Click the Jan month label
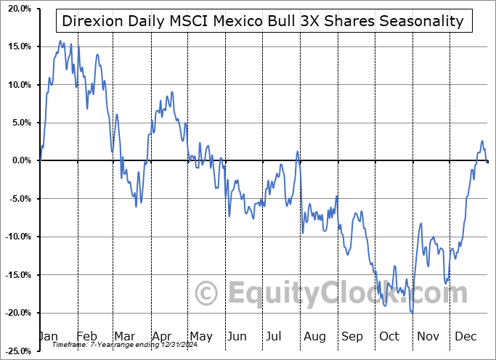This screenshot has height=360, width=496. (48, 337)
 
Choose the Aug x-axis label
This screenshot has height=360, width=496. (314, 337)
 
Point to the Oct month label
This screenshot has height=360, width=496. (390, 337)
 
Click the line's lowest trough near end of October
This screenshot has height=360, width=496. (412, 313)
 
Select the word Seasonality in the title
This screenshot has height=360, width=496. (420, 20)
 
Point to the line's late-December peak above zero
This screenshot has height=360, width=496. (481, 141)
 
